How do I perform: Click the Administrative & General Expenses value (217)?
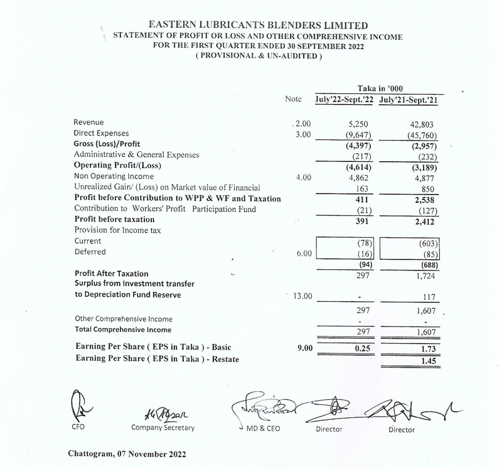(362, 156)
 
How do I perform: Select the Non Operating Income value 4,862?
(360, 178)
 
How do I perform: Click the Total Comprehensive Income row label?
(123, 329)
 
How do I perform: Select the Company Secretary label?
(163, 428)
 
